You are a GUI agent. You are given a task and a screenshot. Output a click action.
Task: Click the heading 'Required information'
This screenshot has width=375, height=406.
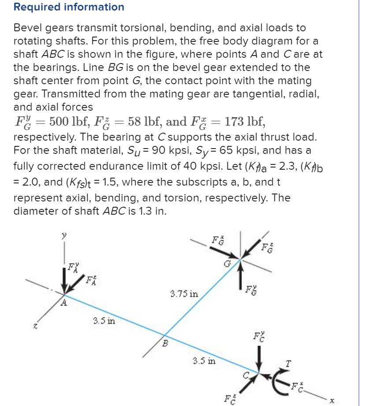click(69, 7)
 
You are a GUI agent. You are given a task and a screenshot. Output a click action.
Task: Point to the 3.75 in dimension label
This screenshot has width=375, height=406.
click(184, 293)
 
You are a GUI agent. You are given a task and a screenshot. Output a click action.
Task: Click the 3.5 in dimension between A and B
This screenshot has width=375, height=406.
click(104, 320)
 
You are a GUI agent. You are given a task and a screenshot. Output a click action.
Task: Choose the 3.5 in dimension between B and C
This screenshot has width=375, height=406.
click(205, 361)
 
